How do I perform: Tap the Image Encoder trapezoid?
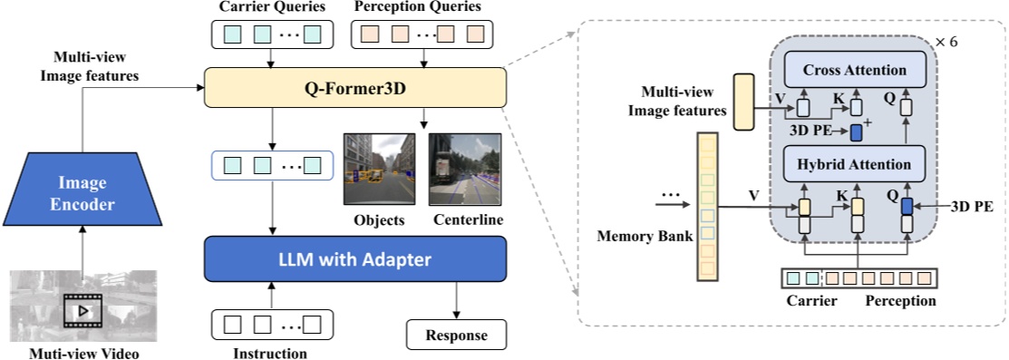coord(82,192)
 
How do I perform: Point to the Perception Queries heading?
coord(418,8)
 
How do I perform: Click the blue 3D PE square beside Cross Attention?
coord(856,132)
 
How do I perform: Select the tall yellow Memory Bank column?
coord(705,203)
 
